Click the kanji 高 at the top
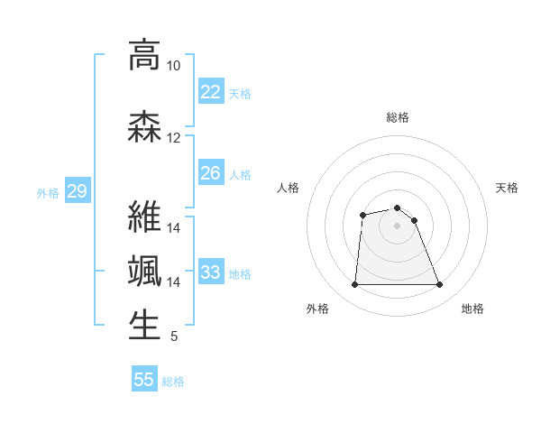point(144,55)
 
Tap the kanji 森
point(144,125)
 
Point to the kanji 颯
point(144,272)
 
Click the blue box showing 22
point(210,91)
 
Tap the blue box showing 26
point(210,173)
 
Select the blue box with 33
point(210,272)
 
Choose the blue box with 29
point(77,191)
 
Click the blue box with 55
point(144,380)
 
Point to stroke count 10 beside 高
point(173,66)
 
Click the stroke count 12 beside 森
point(173,137)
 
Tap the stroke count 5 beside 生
point(173,336)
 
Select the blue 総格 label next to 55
point(173,382)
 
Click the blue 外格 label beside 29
point(48,192)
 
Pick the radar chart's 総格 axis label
point(397,117)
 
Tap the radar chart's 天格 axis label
point(507,188)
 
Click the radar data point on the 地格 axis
point(439,285)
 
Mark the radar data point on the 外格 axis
point(354,285)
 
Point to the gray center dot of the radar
point(397,226)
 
